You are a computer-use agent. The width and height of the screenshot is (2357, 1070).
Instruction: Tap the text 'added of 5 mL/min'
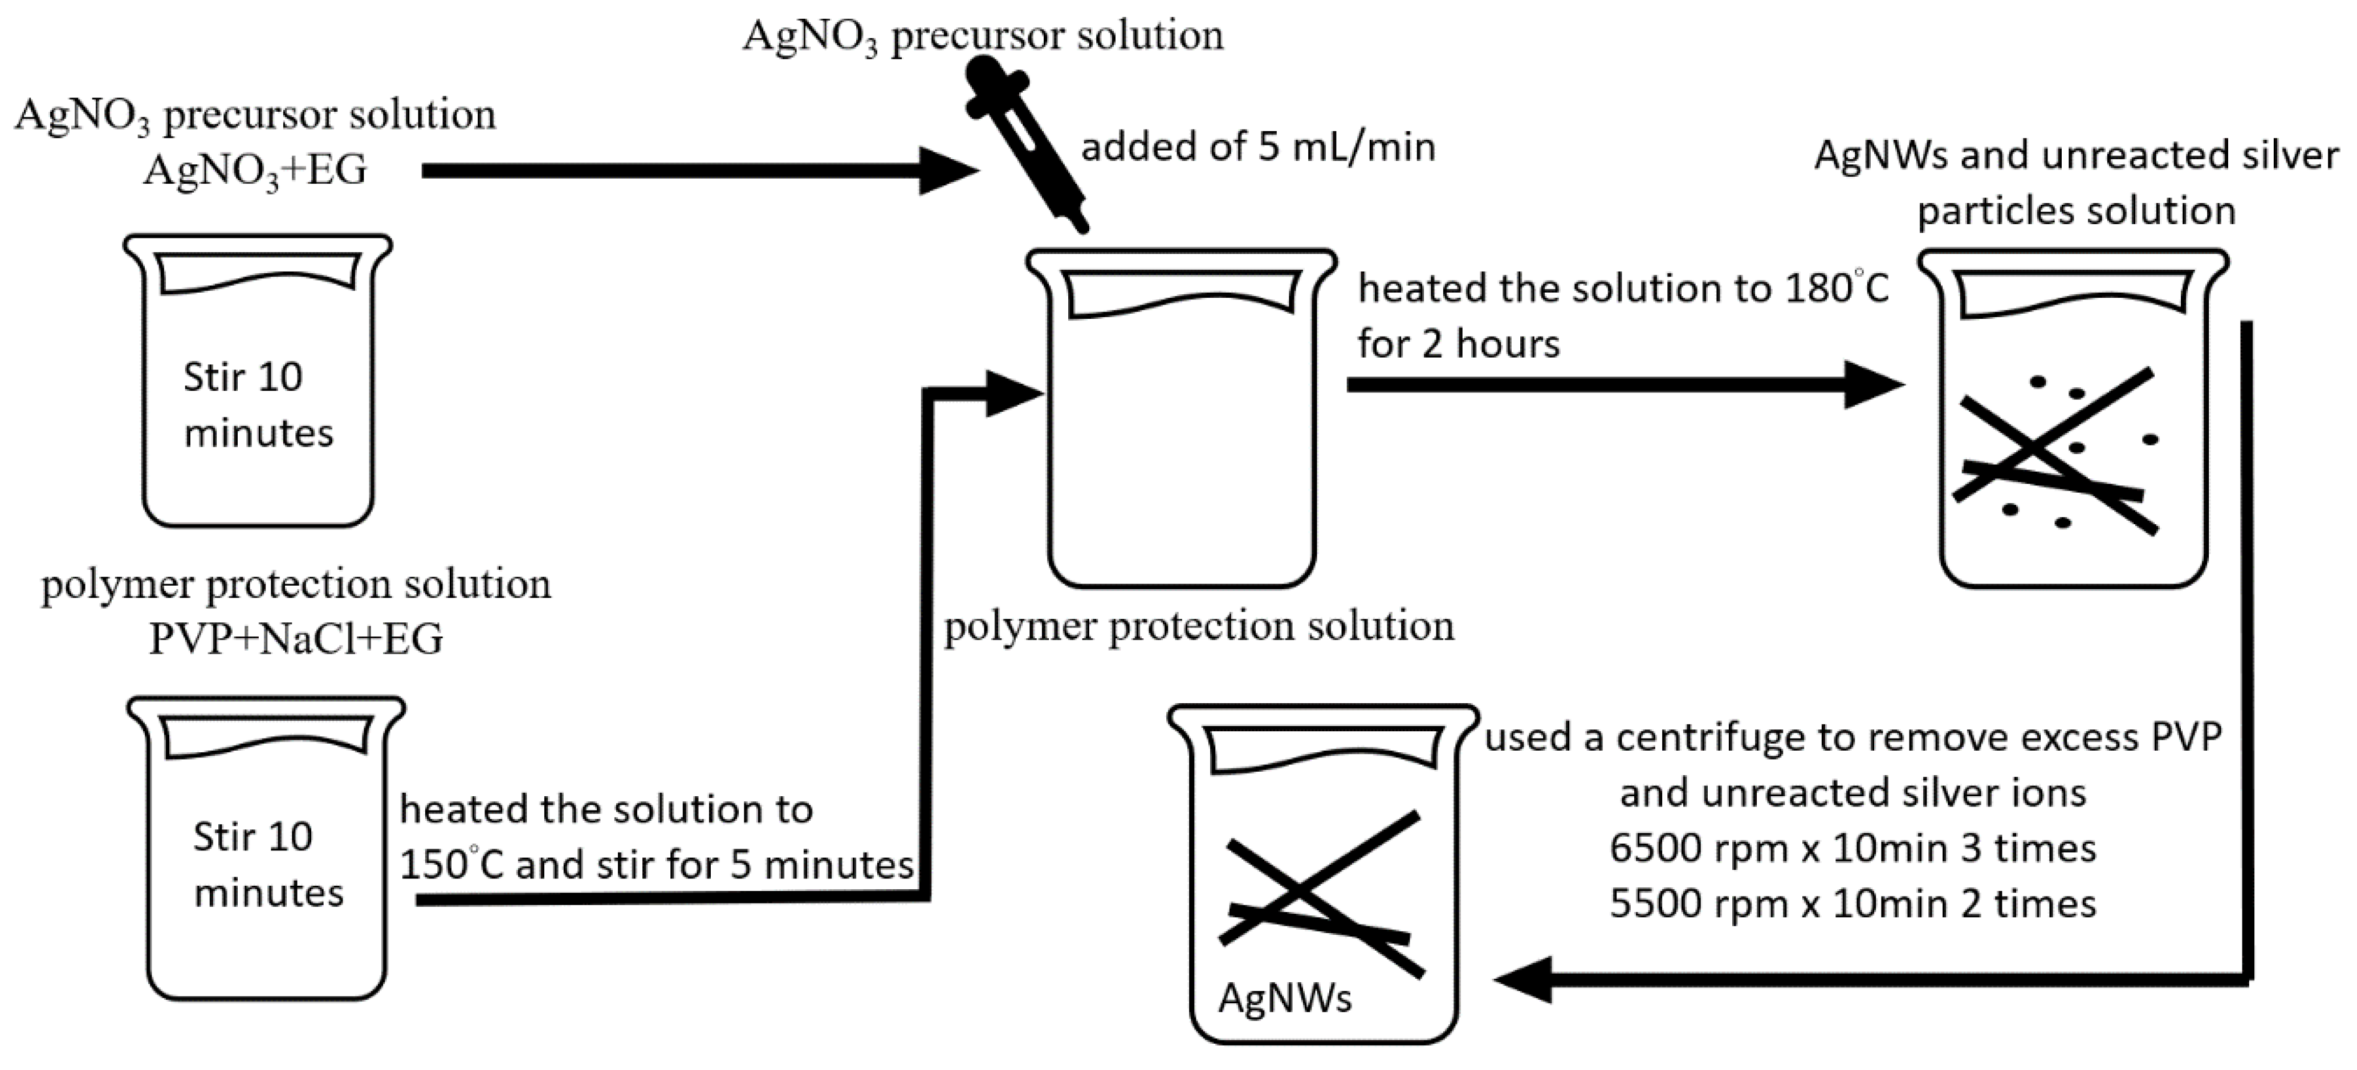(x=1258, y=147)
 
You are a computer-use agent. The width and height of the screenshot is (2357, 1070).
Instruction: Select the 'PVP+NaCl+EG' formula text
(x=295, y=639)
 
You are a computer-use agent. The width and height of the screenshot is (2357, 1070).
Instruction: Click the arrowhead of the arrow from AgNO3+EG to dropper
(x=947, y=170)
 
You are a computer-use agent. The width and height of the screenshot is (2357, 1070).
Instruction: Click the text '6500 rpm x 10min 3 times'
(x=1853, y=849)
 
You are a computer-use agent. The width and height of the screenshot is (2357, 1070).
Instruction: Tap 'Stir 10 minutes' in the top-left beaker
(x=258, y=404)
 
